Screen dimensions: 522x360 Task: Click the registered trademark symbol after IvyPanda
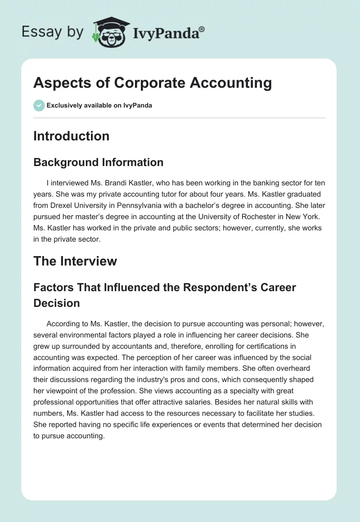tap(202, 29)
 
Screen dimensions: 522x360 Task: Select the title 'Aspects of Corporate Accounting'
tap(153, 83)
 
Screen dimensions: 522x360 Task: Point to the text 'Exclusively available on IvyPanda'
tap(99, 106)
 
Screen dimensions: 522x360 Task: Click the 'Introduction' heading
tap(71, 136)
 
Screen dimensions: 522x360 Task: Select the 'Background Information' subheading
tap(98, 162)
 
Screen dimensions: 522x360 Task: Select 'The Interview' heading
tap(75, 261)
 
